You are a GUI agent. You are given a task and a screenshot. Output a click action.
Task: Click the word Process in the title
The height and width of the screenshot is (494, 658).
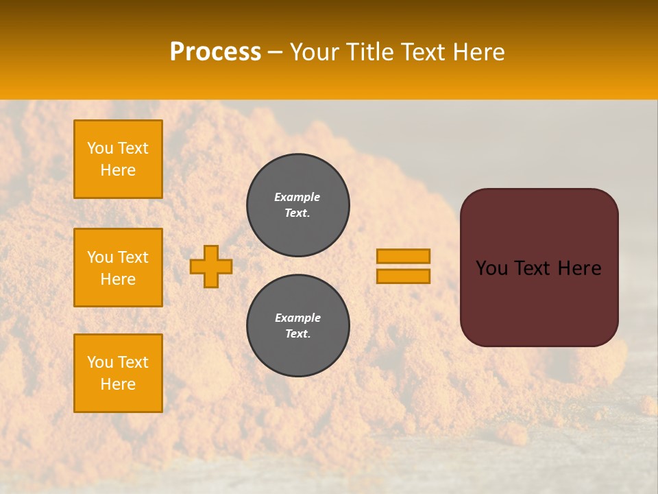coord(215,52)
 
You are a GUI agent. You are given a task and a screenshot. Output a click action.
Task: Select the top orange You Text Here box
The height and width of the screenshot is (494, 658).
coord(118,159)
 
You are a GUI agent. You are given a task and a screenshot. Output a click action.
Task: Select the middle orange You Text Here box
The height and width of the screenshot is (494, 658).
coord(118,268)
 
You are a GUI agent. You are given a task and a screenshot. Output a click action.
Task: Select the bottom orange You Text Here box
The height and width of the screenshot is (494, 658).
coord(118,373)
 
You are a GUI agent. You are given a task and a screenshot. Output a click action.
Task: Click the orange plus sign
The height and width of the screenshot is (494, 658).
coord(211,266)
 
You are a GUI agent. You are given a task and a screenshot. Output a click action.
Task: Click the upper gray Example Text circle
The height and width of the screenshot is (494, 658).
coord(298,205)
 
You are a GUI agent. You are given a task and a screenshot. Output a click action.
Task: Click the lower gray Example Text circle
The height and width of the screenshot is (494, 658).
coord(298,326)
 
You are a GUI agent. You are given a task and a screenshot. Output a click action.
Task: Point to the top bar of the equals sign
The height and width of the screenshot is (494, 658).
coord(403,256)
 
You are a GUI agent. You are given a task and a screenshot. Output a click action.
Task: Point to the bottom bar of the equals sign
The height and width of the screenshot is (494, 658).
coord(403,276)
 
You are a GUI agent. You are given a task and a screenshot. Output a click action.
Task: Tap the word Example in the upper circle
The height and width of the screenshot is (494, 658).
coord(297,198)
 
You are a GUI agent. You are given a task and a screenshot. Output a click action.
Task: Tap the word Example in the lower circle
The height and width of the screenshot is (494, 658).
coord(297,318)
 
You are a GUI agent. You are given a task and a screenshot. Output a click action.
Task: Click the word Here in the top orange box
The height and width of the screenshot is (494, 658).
coord(118,171)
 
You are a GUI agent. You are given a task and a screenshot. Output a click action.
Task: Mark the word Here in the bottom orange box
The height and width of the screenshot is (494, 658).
coord(118,385)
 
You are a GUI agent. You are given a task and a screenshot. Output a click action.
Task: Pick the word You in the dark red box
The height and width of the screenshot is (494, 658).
coord(491,268)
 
